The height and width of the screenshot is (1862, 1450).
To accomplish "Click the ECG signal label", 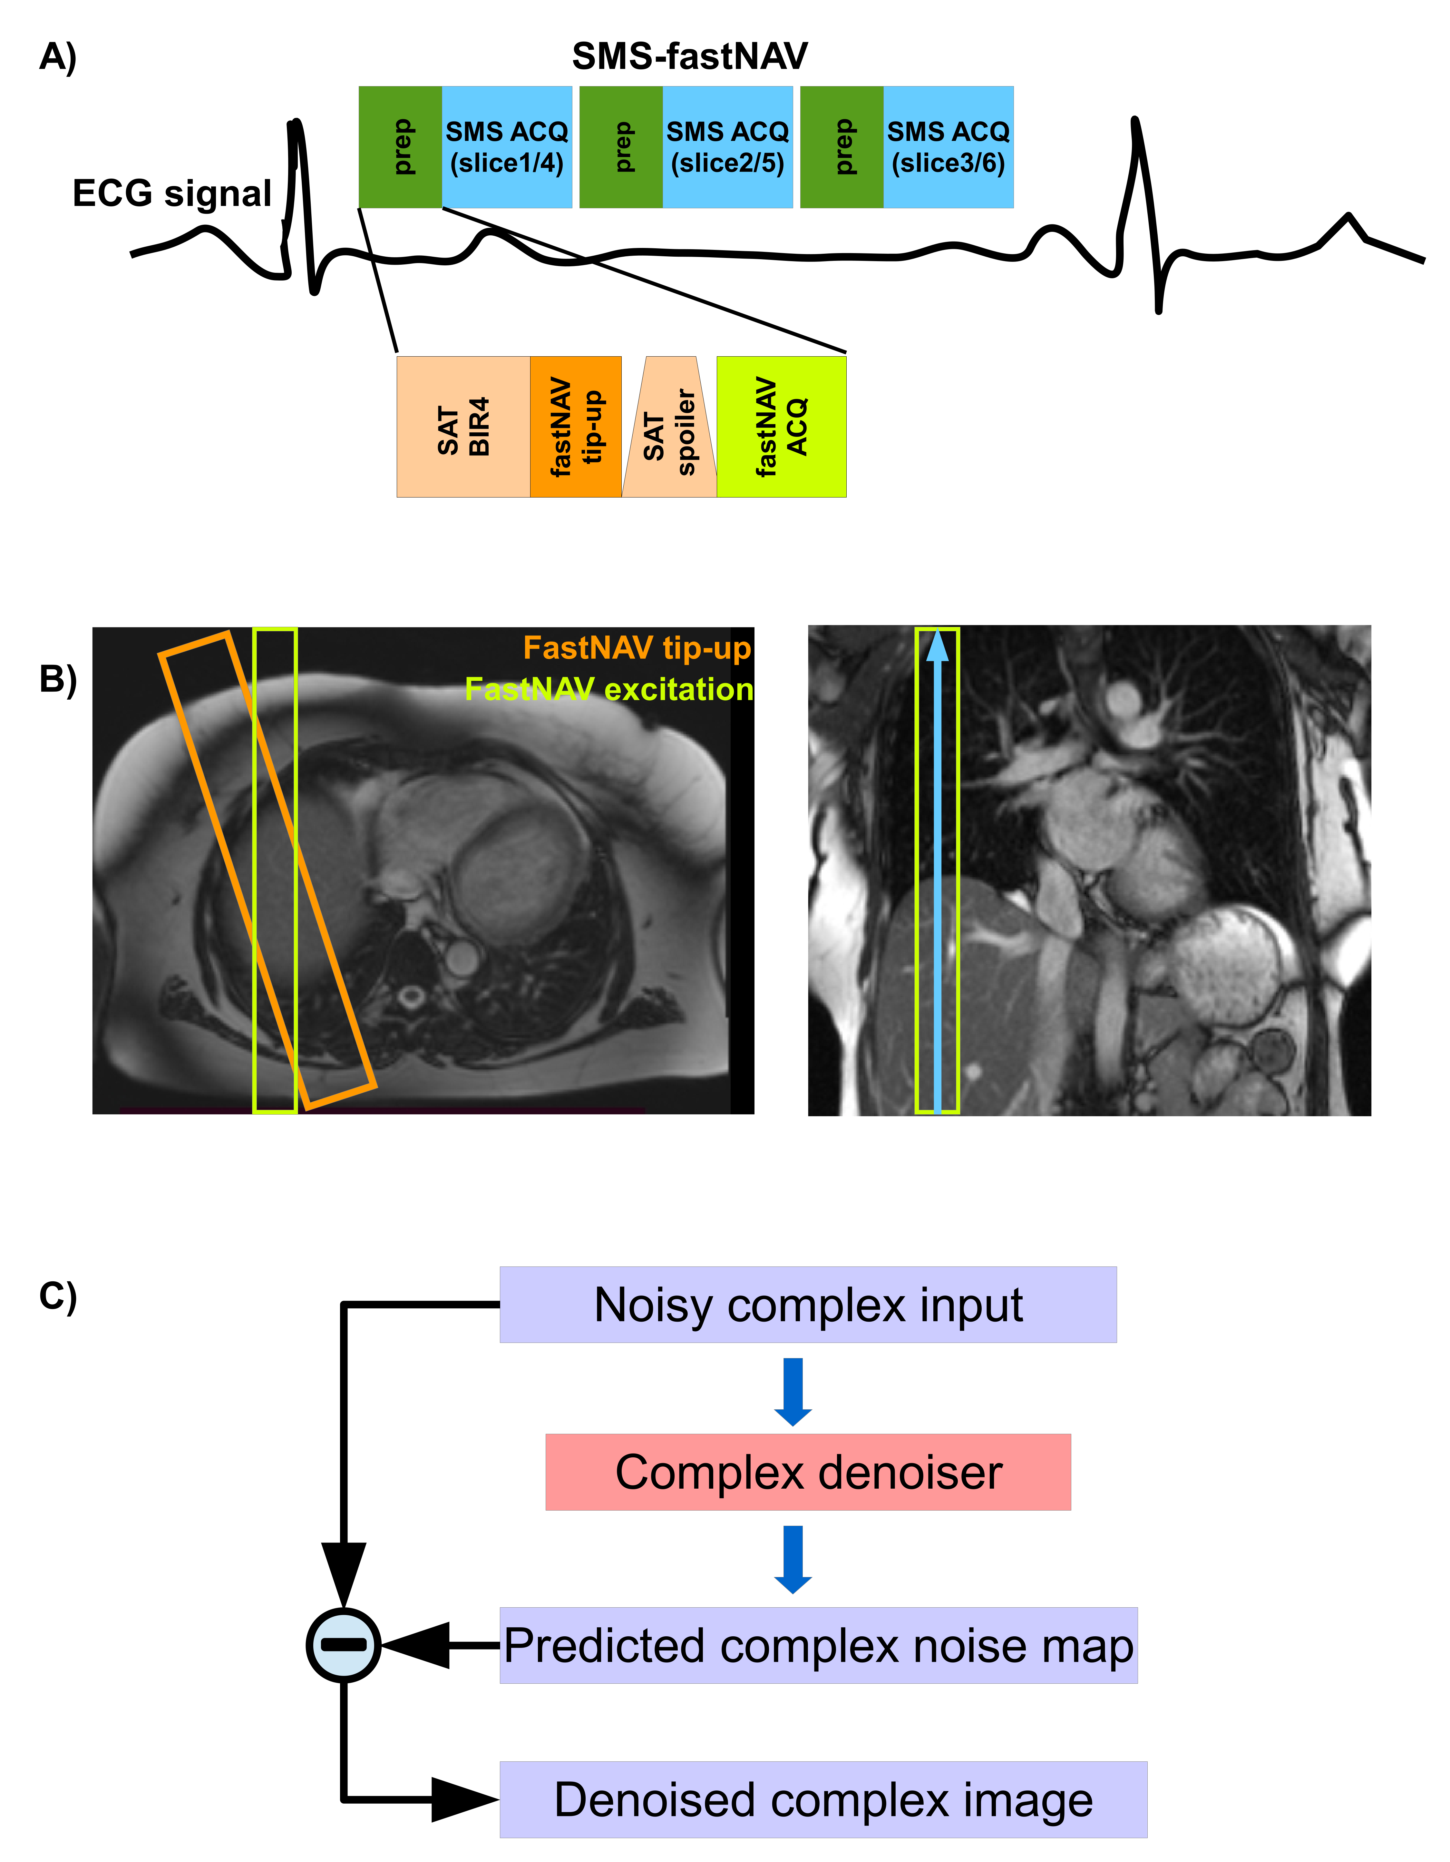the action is (172, 193).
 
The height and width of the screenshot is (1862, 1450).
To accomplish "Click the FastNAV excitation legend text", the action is (608, 689).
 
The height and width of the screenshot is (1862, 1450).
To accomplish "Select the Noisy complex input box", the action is (808, 1305).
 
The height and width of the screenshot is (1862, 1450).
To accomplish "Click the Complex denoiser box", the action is (808, 1473).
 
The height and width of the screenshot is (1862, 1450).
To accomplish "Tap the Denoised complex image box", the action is (823, 1800).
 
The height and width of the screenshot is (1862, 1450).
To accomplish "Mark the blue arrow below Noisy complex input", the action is (793, 1391).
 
